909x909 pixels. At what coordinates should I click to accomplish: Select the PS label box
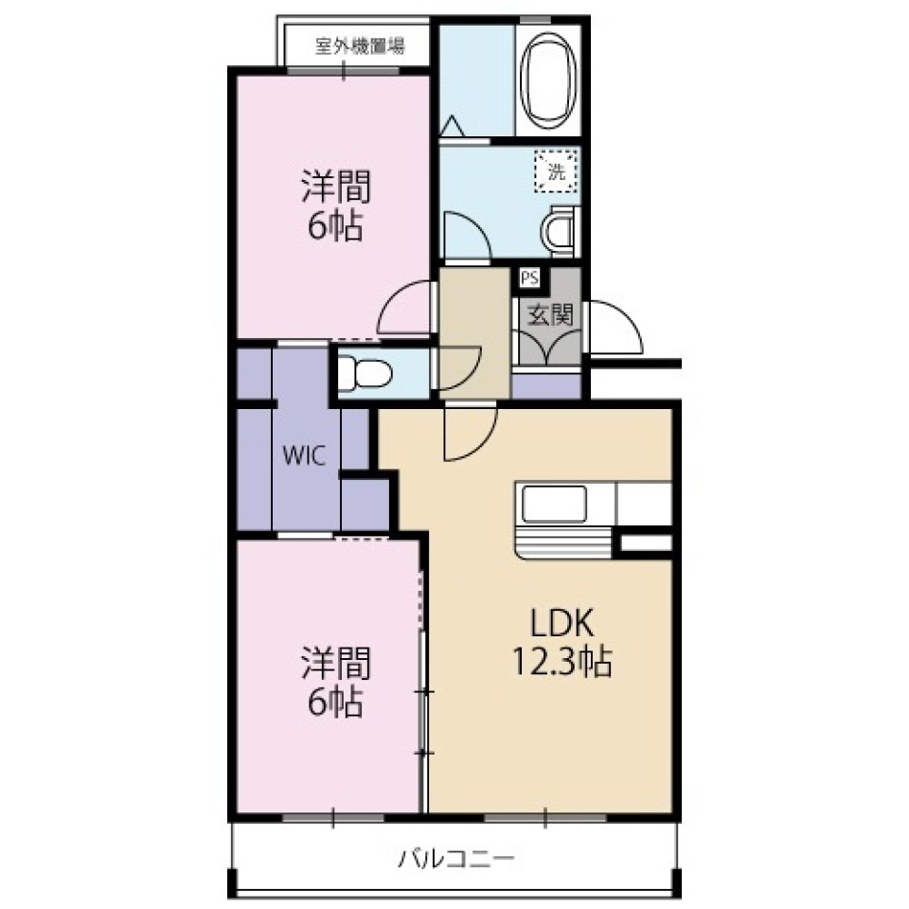(x=528, y=278)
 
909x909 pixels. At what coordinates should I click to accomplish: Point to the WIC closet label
(x=304, y=455)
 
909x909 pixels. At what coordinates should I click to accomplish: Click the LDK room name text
(x=561, y=623)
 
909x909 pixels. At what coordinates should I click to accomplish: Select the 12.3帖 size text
(x=561, y=661)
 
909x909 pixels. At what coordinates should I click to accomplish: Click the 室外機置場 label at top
(x=360, y=45)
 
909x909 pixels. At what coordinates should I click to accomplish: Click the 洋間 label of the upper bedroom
(x=335, y=187)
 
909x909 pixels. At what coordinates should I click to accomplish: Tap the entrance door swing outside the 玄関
(x=615, y=328)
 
